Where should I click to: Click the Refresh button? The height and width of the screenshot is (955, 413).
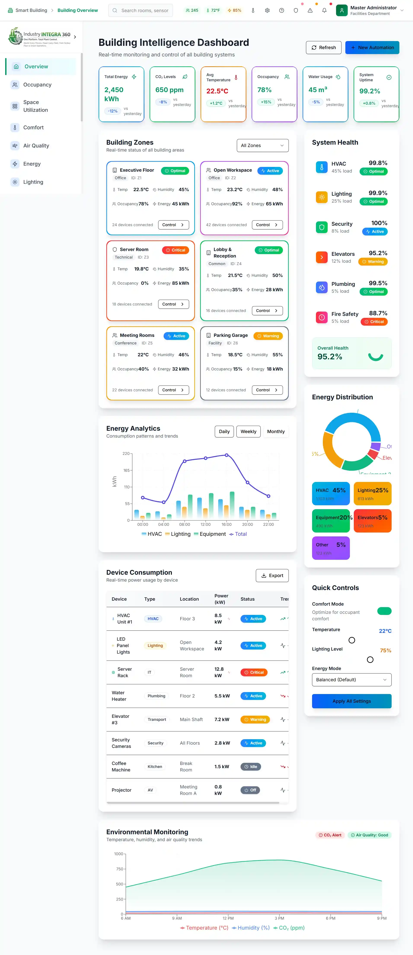[323, 47]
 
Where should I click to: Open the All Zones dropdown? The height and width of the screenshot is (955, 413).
[263, 145]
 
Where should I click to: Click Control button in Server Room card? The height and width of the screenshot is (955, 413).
[173, 304]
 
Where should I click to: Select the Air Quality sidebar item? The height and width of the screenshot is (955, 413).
[36, 146]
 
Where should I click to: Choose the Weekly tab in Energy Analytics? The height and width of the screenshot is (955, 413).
[248, 432]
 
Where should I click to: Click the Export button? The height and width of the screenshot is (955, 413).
[272, 575]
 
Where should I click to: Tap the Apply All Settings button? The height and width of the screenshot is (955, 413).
[351, 701]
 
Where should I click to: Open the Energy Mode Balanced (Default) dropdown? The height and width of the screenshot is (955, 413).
[351, 680]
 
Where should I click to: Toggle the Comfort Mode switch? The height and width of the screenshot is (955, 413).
[384, 611]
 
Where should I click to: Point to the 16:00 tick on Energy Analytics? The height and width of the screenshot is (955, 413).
[226, 524]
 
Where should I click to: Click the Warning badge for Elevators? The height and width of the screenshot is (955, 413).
[373, 262]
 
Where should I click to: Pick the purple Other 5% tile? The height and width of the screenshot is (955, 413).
[331, 548]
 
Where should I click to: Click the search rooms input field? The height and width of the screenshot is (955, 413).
[145, 10]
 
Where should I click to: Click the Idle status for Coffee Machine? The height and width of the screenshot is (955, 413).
[251, 767]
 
